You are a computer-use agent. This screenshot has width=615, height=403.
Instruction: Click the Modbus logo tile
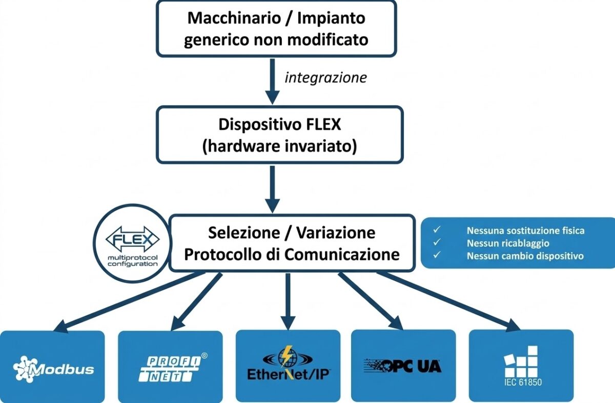52,366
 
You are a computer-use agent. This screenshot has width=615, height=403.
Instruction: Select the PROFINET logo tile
170,366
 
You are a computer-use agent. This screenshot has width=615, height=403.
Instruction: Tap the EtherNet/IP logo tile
288,366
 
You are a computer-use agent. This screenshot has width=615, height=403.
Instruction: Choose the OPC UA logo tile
403,366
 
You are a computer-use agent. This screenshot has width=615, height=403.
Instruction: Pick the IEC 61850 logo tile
521,366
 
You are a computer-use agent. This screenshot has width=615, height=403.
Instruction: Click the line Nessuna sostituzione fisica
525,231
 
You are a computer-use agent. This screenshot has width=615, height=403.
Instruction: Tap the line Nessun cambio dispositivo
525,255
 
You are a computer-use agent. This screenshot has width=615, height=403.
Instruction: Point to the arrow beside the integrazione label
273,79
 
